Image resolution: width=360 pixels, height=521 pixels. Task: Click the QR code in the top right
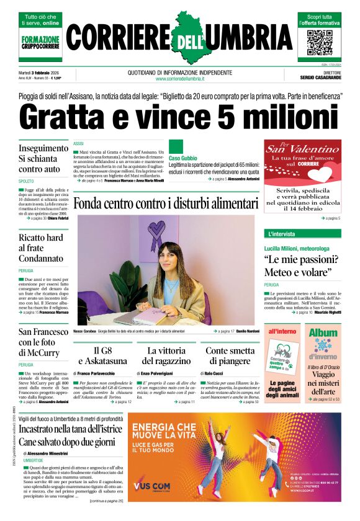coord(320,42)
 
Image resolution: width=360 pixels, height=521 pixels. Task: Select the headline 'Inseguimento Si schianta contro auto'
coord(43,159)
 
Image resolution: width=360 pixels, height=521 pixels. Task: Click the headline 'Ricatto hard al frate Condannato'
coord(41,248)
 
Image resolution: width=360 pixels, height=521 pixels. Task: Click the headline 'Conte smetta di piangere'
coord(230,355)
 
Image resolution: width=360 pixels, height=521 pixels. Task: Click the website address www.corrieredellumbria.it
coord(180,79)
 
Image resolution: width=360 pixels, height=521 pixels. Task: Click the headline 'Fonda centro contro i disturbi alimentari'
coord(165,204)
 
